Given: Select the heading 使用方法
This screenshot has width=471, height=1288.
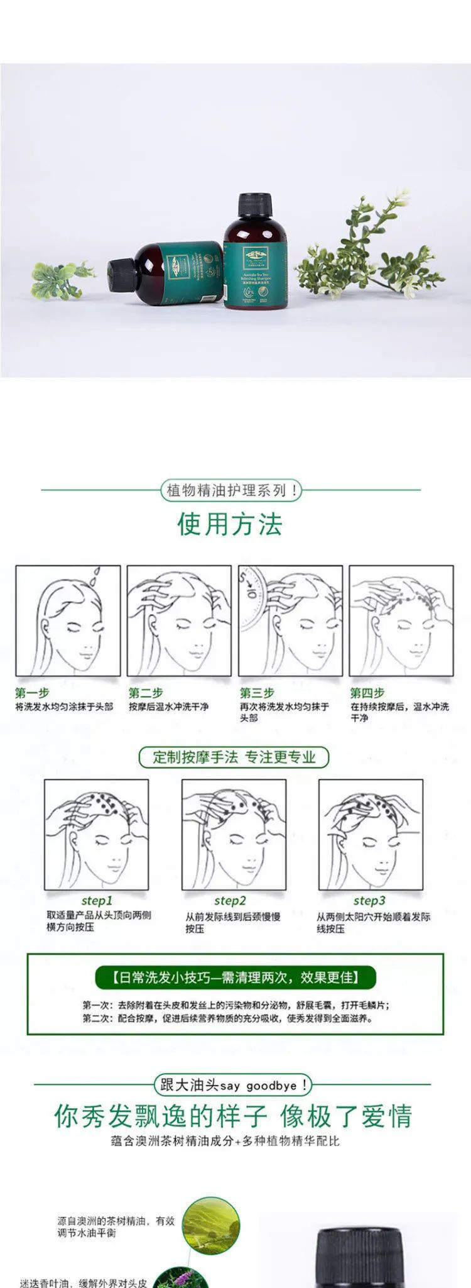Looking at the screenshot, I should pos(230,524).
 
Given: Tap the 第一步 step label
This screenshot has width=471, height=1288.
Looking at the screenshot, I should pos(32,693).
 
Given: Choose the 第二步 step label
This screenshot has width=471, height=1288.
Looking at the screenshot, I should pos(146,693).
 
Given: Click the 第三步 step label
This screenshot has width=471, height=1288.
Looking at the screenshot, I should pos(257,693).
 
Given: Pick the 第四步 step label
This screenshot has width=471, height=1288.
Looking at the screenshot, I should pos(367,693).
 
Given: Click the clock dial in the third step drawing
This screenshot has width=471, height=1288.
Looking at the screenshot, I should pos(252,597).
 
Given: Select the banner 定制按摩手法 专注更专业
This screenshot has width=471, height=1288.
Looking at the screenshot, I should pos(234,757).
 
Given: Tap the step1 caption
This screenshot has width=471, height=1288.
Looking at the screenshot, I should pos(97,901).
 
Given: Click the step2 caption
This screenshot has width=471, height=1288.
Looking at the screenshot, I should pos(230,901).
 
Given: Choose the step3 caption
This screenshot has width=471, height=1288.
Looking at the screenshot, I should pos(369,901).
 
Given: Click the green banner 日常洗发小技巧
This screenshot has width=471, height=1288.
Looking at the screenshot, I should pos(235,977).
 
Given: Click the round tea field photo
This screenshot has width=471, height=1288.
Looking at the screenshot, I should pos(210,1226).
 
